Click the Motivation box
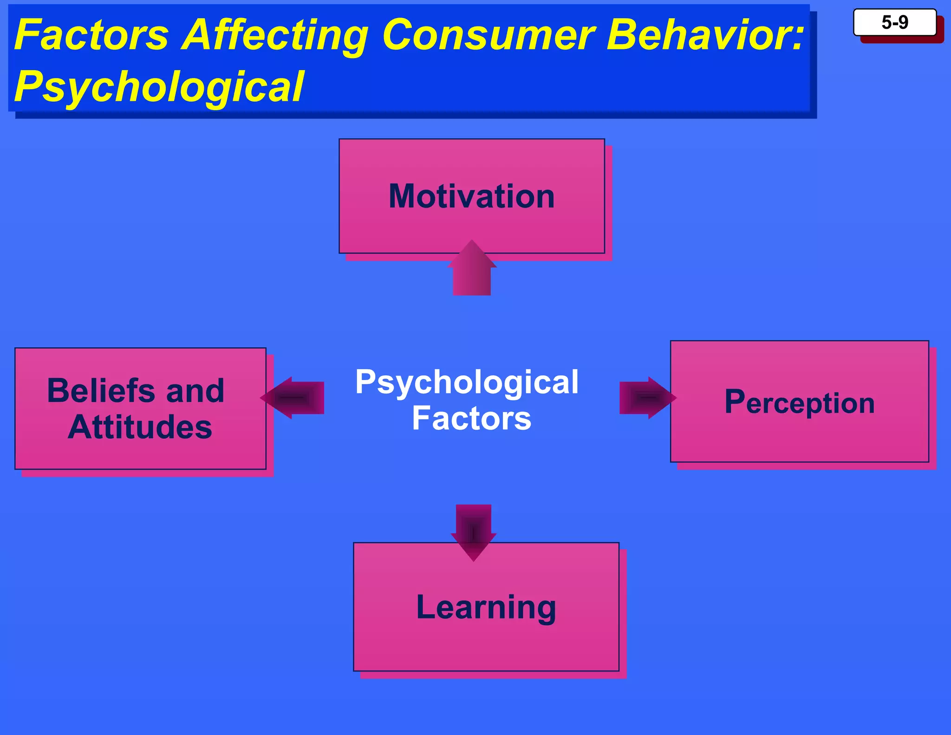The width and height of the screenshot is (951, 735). pos(471,196)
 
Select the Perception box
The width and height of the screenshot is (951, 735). pos(799,401)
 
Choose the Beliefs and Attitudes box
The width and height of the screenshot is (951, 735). pos(140,408)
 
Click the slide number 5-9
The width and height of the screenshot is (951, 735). pos(894,22)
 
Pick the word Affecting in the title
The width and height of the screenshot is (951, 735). pos(275,36)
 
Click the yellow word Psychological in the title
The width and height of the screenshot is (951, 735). pos(159,87)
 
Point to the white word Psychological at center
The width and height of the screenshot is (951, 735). pos(467,383)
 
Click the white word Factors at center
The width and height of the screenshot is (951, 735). pos(471,419)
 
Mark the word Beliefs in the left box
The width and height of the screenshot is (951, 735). pos(101,391)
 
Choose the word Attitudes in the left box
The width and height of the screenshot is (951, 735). pos(140,427)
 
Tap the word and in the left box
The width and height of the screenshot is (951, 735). pos(195,391)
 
